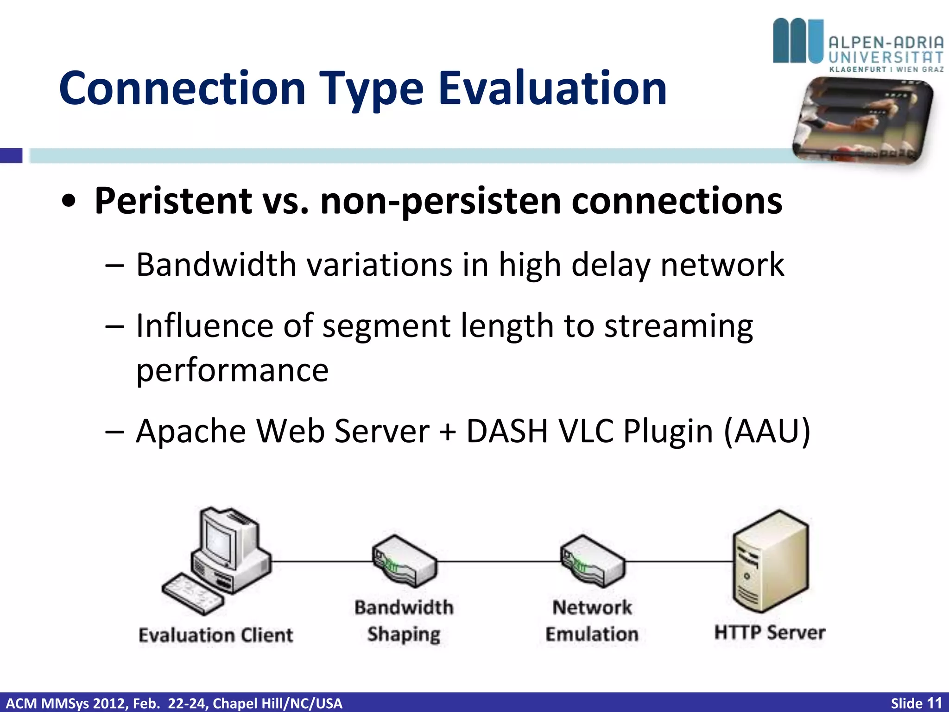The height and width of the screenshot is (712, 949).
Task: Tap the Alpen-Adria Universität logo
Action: point(858,45)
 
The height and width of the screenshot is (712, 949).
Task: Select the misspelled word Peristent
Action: point(173,201)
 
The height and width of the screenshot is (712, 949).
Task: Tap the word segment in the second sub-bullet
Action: point(386,326)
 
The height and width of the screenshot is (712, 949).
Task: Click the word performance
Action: point(232,370)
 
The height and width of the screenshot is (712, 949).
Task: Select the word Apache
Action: point(190,431)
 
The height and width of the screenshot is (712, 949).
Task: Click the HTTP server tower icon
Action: point(770,561)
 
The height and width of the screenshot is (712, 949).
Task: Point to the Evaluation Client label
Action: point(215,635)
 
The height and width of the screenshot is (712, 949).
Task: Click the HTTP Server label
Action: point(770,632)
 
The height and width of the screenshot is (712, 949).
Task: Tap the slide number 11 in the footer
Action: point(934,703)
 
